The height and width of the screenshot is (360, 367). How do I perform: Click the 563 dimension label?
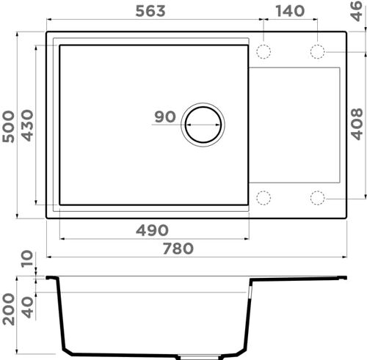(150, 11)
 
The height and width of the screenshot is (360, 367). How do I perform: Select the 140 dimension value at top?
(291, 11)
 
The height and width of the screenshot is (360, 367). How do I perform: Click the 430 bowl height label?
(28, 124)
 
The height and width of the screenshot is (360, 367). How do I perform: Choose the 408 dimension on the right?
(357, 124)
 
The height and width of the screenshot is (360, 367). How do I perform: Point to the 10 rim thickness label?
(28, 260)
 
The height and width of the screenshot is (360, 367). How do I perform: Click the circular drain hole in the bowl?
(203, 123)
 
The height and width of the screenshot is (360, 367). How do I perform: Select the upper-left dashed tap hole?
(264, 51)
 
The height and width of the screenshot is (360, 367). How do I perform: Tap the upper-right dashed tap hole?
(317, 51)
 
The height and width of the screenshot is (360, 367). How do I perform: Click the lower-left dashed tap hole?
(264, 197)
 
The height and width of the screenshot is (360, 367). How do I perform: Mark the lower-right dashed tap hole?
(317, 197)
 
